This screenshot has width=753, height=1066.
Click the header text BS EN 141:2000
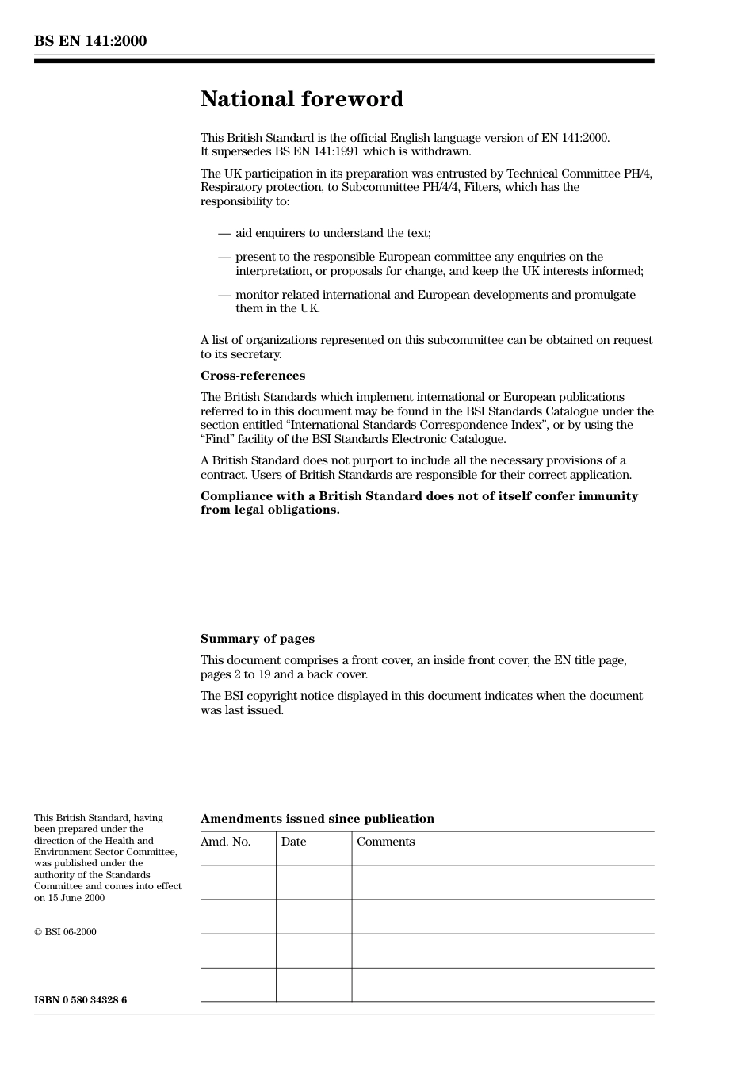point(90,41)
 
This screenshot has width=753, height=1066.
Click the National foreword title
point(301,99)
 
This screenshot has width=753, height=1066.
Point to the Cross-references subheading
point(252,376)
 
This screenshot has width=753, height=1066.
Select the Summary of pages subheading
point(257,639)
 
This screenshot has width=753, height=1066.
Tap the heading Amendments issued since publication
point(317,819)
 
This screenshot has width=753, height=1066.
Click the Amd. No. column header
point(225,842)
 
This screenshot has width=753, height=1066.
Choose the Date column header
point(293,842)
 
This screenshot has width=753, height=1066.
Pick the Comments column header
point(385,842)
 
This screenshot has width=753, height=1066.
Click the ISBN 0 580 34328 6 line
point(80,1000)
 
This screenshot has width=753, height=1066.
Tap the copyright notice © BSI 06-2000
point(65,932)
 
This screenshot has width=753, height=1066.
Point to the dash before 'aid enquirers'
point(224,233)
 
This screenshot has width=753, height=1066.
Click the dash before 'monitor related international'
point(224,295)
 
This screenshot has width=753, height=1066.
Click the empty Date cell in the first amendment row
point(314,882)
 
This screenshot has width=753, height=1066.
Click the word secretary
point(255,354)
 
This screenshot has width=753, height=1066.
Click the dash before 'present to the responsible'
point(224,257)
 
